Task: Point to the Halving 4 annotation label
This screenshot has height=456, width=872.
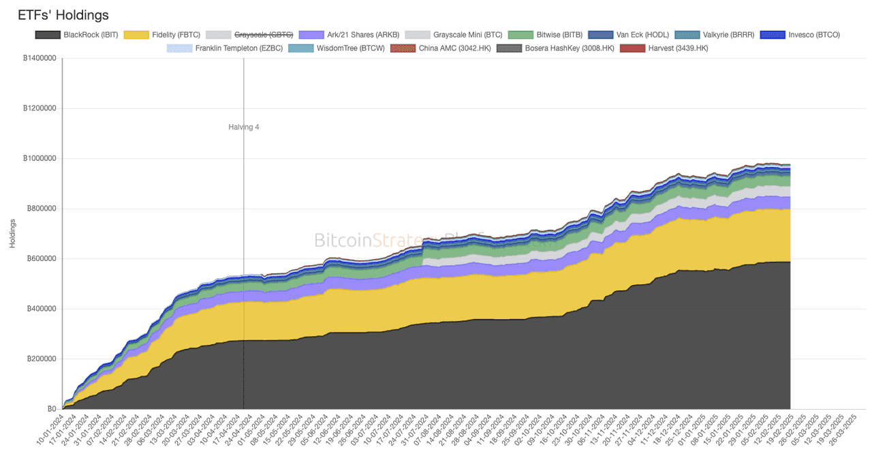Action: coord(243,127)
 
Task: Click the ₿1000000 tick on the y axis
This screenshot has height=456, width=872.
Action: coord(40,159)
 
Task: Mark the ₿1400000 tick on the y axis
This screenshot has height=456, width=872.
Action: coord(40,59)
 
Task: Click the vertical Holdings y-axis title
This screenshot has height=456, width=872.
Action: coord(13,233)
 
